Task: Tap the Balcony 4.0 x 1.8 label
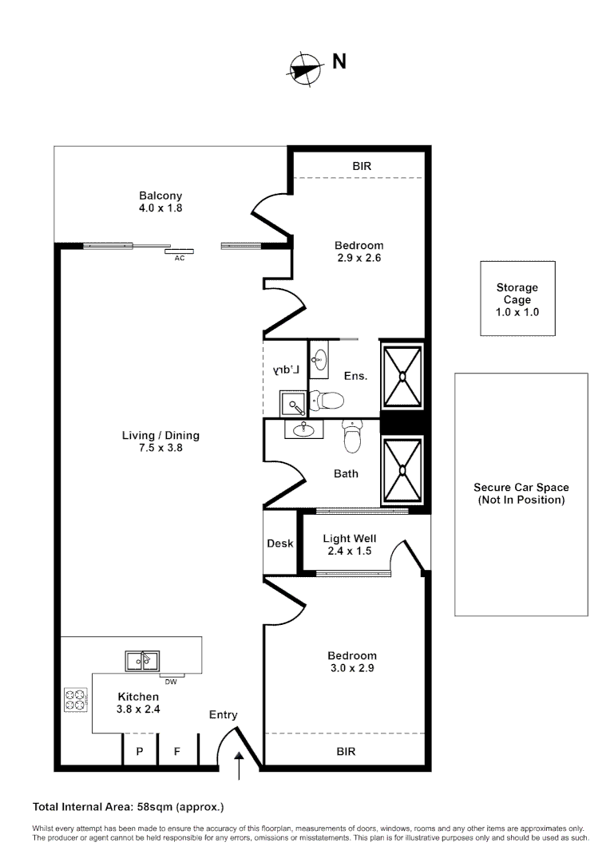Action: click(x=160, y=202)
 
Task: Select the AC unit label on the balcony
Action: click(x=179, y=259)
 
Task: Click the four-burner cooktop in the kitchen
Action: click(x=76, y=700)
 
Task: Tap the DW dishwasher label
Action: click(x=170, y=682)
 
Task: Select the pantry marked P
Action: click(x=139, y=751)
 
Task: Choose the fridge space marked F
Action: click(x=178, y=751)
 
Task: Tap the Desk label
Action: click(x=279, y=544)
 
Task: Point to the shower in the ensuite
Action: click(x=403, y=375)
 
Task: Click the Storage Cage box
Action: click(x=517, y=299)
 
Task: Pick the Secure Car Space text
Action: click(x=521, y=493)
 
